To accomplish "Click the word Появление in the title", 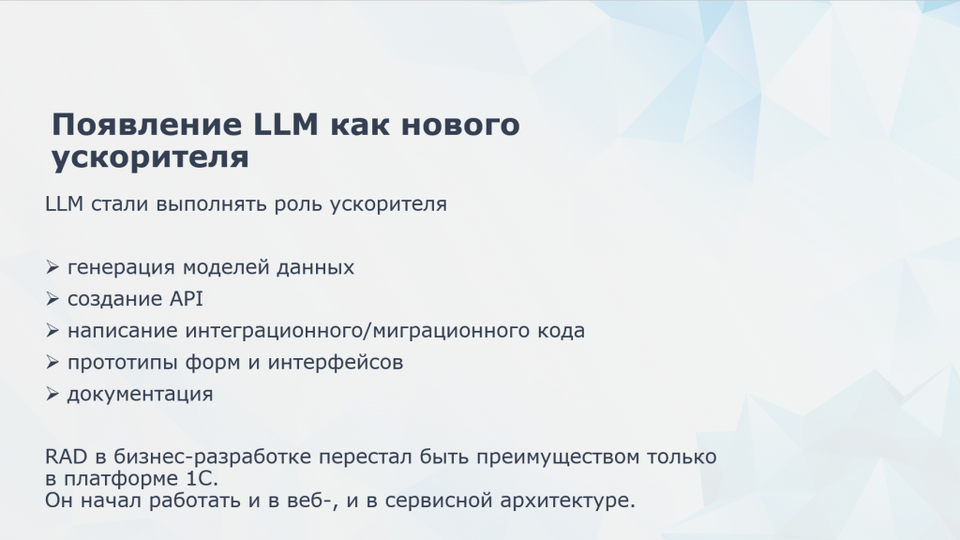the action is pos(146,125).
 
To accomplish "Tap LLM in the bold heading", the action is pos(285,125).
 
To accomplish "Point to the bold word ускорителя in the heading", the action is pos(150,157).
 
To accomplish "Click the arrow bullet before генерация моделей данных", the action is pos(52,267).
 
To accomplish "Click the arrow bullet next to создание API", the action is pos(52,299).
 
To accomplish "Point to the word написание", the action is pos(123,331).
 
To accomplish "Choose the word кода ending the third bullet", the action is pos(561,331).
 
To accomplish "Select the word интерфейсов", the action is pos(336,363).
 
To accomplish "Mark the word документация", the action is pos(141,395).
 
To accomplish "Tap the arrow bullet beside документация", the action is pos(52,394).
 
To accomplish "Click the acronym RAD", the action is pos(67,457).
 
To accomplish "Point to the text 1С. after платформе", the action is pos(202,478).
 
